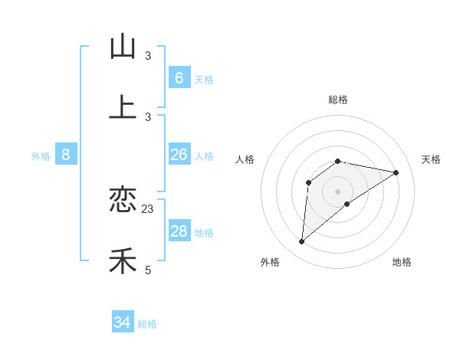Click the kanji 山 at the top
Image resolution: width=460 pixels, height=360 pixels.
[x=123, y=47]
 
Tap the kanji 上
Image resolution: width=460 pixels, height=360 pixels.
[x=123, y=108]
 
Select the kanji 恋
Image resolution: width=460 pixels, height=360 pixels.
[x=123, y=200]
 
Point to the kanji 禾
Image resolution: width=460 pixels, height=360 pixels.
[x=123, y=261]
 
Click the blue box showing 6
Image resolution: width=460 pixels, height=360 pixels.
[x=179, y=77]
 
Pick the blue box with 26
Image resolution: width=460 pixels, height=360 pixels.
[x=179, y=155]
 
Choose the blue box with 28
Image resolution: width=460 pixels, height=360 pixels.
[x=179, y=231]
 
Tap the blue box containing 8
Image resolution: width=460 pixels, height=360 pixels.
[x=66, y=155]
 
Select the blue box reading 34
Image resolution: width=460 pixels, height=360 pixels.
[x=123, y=322]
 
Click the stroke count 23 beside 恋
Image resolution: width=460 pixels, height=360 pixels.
[x=148, y=208]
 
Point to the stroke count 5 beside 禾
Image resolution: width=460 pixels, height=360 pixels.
[x=148, y=270]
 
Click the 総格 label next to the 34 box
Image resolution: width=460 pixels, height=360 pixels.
[x=147, y=324]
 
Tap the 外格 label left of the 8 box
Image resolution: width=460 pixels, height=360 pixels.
[x=41, y=156]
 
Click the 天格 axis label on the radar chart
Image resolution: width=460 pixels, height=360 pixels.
[x=432, y=159]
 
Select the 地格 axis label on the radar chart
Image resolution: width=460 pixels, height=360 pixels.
[x=402, y=262]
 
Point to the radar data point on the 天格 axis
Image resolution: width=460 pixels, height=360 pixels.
[x=396, y=172]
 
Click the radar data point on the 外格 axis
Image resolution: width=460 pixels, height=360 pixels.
[x=302, y=242]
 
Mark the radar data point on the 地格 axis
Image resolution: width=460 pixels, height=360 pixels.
[x=347, y=204]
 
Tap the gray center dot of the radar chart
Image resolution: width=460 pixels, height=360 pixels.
[x=337, y=191]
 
